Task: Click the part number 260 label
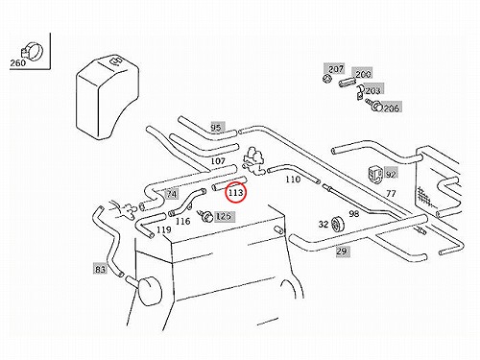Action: [18, 62]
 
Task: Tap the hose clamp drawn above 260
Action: [32, 51]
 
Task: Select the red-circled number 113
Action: [236, 193]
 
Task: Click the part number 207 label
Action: [336, 68]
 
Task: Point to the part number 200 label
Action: [363, 74]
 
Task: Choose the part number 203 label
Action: [372, 91]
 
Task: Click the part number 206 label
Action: [392, 108]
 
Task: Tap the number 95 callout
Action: [216, 128]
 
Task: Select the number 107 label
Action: [218, 161]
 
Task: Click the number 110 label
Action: [293, 180]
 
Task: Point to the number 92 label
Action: [391, 174]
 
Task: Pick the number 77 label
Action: [391, 193]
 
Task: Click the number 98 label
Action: [354, 214]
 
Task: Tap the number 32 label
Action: [324, 224]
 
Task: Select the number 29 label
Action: [342, 252]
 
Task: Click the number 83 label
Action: [100, 269]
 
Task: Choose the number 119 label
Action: [164, 229]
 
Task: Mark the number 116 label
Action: [182, 221]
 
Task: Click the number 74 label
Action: [172, 194]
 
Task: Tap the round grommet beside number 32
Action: [337, 224]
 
